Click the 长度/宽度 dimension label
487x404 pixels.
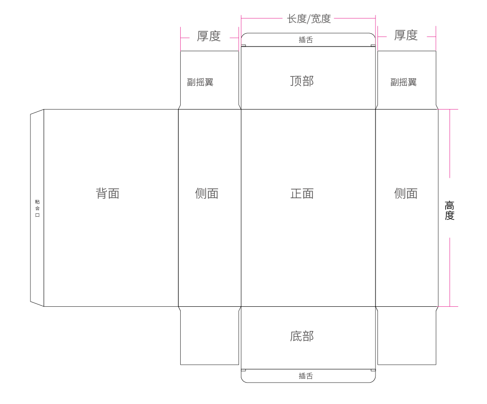pos(309,19)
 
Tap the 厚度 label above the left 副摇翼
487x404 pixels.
pos(209,36)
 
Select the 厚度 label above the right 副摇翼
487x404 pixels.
pos(406,35)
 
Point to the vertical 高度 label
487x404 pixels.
pos(450,211)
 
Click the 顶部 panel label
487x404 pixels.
pos(302,81)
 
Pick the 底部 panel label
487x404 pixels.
pos(302,336)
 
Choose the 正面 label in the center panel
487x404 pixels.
pos(302,193)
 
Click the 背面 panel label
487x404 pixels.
pos(108,193)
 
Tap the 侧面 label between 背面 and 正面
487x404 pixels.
pos(207,193)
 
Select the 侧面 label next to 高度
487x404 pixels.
pos(406,193)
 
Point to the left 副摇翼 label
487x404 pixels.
pos(200,82)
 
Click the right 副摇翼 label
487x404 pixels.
pos(404,82)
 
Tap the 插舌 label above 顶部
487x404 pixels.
pos(306,40)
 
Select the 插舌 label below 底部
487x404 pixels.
pos(306,376)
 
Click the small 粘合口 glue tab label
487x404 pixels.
pos(37,208)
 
